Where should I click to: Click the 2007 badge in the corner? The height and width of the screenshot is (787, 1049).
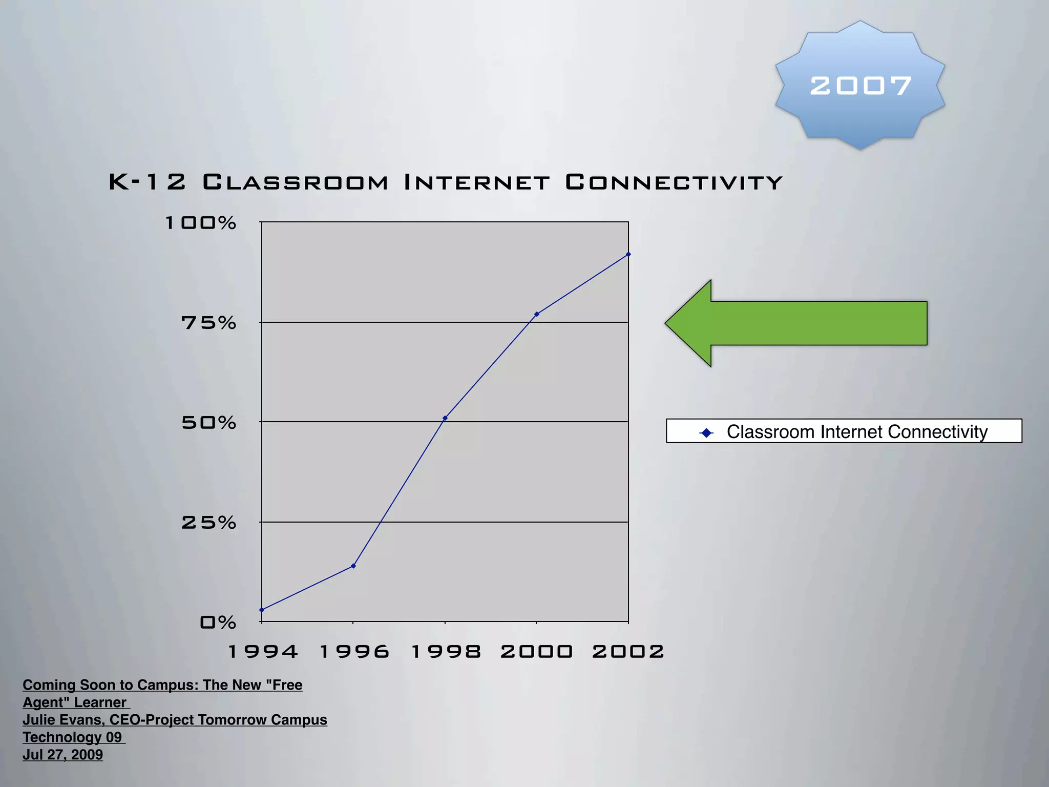[x=860, y=85]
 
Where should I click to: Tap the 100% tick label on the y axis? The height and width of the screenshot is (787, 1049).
[x=200, y=223]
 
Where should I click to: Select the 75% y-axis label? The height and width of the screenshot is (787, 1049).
[x=208, y=323]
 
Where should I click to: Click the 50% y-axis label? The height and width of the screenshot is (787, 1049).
[x=208, y=423]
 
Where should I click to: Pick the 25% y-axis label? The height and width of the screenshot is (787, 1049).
[x=208, y=523]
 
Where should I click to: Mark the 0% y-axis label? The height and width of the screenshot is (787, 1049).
[x=218, y=623]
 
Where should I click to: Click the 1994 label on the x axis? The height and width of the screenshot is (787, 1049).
[x=262, y=652]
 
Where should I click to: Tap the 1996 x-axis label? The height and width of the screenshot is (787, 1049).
[x=354, y=652]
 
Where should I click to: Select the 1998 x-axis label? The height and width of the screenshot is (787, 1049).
[x=446, y=652]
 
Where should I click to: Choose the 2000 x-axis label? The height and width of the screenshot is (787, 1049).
[x=536, y=652]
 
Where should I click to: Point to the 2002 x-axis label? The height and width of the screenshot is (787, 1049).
[x=628, y=652]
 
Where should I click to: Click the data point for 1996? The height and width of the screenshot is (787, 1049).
[x=353, y=566]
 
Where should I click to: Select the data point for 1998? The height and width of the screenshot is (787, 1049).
[x=445, y=418]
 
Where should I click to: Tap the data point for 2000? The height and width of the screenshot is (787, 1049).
[x=537, y=314]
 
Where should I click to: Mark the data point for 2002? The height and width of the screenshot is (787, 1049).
[x=628, y=254]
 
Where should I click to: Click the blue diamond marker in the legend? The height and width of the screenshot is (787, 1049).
[x=706, y=433]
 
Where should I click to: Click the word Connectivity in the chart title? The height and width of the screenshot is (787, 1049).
[x=674, y=182]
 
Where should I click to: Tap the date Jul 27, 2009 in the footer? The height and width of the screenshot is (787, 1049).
[x=62, y=755]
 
